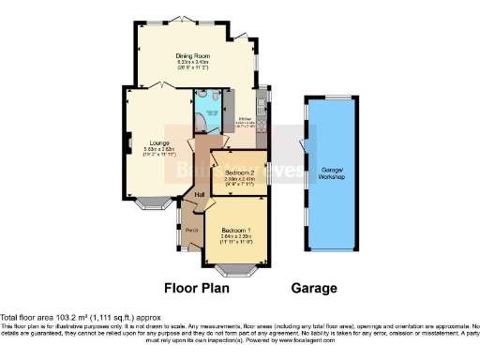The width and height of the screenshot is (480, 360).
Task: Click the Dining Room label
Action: click(x=191, y=56)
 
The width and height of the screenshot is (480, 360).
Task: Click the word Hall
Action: click(x=199, y=194)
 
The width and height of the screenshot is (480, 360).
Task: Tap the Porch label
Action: click(x=190, y=230)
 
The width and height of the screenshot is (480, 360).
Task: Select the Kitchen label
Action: click(x=245, y=119)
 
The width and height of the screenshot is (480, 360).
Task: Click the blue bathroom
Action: click(x=205, y=117)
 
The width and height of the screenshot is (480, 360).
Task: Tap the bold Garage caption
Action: click(x=314, y=289)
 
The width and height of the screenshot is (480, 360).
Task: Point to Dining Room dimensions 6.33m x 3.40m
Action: click(x=191, y=63)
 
